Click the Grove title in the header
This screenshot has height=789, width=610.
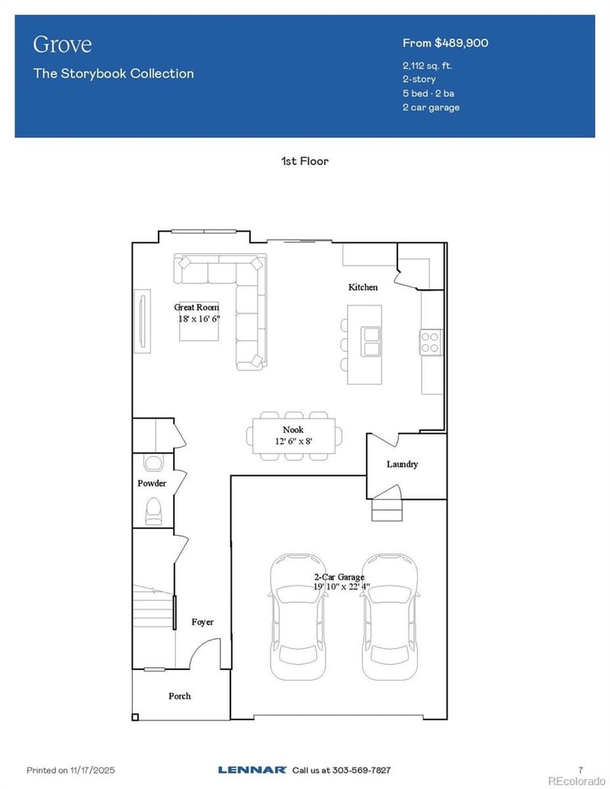[62, 44]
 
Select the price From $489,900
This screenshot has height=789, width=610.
[445, 43]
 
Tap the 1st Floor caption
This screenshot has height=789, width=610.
[305, 161]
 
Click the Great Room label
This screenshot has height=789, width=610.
[197, 307]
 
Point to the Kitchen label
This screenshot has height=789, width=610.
[363, 287]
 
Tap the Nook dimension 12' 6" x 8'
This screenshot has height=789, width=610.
[293, 441]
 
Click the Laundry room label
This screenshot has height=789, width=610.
[402, 464]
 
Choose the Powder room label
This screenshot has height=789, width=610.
[152, 483]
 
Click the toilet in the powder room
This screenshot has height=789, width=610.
[153, 511]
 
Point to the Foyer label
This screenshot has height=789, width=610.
[202, 622]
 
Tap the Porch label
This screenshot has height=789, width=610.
[179, 696]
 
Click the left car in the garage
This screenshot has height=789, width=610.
[298, 617]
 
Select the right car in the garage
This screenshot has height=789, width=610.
[390, 617]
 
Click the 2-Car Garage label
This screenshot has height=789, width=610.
[339, 577]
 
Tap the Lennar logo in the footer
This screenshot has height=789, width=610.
[252, 770]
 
